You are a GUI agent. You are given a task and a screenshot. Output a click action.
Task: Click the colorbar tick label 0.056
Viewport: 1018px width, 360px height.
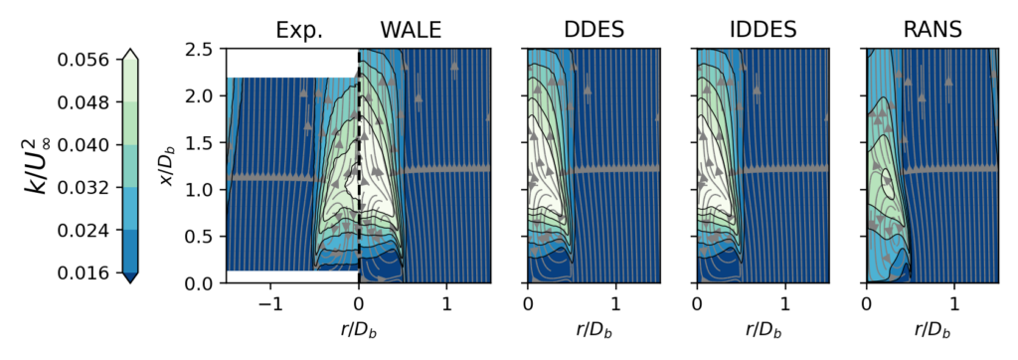pyautogui.click(x=76, y=60)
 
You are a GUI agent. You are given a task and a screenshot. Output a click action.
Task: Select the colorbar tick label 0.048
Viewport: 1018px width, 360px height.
pyautogui.click(x=76, y=102)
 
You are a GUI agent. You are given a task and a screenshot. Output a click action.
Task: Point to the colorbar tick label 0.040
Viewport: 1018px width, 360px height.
pyautogui.click(x=76, y=145)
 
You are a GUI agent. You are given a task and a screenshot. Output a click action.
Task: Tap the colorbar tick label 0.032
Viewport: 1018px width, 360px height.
pyautogui.click(x=76, y=188)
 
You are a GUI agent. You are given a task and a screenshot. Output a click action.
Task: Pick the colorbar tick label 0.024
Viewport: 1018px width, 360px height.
pyautogui.click(x=76, y=231)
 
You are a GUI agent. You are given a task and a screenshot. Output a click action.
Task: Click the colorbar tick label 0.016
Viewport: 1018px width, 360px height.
pyautogui.click(x=76, y=273)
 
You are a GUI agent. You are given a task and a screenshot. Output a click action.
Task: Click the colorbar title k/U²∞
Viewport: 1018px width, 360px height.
pyautogui.click(x=37, y=166)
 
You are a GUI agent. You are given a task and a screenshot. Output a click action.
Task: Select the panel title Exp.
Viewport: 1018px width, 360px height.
pyautogui.click(x=299, y=31)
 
